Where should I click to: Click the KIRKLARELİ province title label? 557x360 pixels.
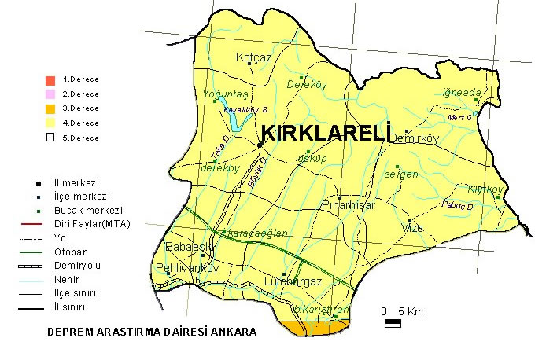coord(325,134)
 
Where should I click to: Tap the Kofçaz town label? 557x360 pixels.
coord(254,57)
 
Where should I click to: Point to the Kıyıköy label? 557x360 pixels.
coord(485,189)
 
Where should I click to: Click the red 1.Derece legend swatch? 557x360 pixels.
coord(50,80)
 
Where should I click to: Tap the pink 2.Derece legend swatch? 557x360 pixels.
coord(50,94)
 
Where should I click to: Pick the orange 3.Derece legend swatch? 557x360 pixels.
coord(50,108)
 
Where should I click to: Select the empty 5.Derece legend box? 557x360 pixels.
coord(50,138)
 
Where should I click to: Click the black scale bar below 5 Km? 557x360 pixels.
coord(393,322)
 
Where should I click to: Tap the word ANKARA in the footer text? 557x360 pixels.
coord(233,332)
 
